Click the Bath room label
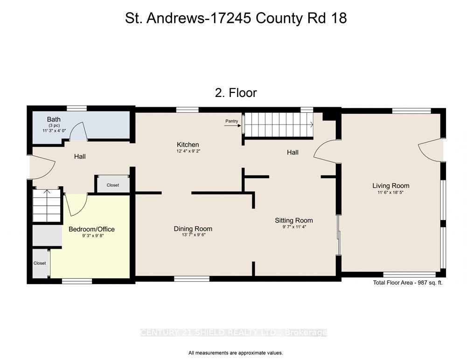(54, 119)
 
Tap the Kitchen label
(188, 145)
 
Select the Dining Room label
(193, 228)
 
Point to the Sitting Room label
(293, 221)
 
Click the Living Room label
(391, 186)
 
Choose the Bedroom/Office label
(91, 229)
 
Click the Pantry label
(232, 121)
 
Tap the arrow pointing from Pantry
(233, 125)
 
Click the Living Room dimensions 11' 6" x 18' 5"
(390, 192)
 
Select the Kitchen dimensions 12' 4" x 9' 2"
(188, 151)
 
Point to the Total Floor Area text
(408, 283)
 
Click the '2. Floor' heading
(236, 93)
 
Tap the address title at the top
(236, 18)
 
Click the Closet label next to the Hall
(113, 185)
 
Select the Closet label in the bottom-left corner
(40, 263)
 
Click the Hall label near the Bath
(80, 156)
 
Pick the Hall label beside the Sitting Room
(293, 152)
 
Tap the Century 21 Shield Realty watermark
(233, 332)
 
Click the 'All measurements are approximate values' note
(236, 353)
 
